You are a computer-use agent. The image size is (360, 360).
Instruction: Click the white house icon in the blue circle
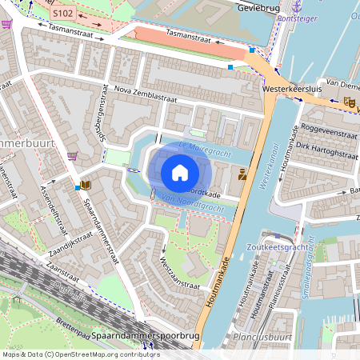(x=180, y=172)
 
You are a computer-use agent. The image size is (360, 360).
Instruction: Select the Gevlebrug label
(x=261, y=7)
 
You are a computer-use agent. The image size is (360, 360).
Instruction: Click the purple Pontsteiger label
(x=298, y=16)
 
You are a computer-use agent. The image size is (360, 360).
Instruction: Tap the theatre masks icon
(x=348, y=102)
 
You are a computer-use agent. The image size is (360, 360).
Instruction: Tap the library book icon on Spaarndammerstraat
(x=86, y=186)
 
